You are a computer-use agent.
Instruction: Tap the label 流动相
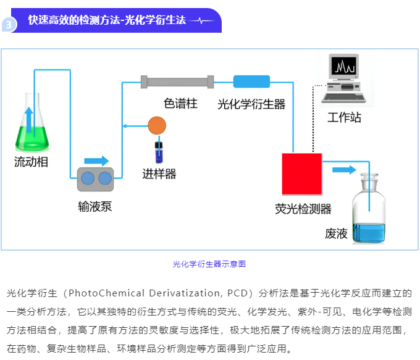click(31, 162)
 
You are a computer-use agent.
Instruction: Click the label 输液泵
click(95, 206)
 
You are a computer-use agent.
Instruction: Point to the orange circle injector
click(157, 126)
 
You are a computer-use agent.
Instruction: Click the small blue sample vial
click(157, 151)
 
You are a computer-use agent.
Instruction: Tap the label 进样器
click(159, 174)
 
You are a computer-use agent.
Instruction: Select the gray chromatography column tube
click(177, 82)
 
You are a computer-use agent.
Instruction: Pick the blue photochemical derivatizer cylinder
click(251, 82)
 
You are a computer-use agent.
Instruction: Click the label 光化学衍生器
click(251, 104)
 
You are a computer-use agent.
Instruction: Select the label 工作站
click(344, 117)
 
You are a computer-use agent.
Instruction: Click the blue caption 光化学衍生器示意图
click(209, 264)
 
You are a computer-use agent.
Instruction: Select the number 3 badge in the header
click(9, 25)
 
